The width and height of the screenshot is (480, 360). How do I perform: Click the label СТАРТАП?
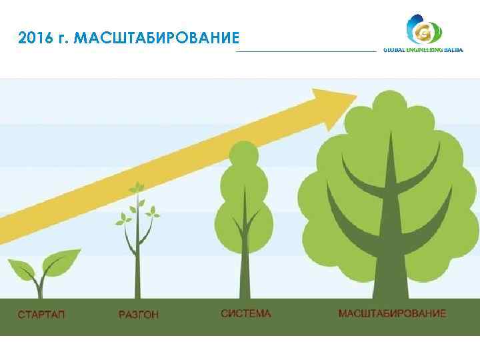(41, 314)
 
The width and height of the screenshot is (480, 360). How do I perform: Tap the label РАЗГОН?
(139, 314)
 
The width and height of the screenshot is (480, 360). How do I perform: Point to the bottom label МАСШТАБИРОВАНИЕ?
(392, 313)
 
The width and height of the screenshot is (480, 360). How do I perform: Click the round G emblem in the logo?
(423, 31)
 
